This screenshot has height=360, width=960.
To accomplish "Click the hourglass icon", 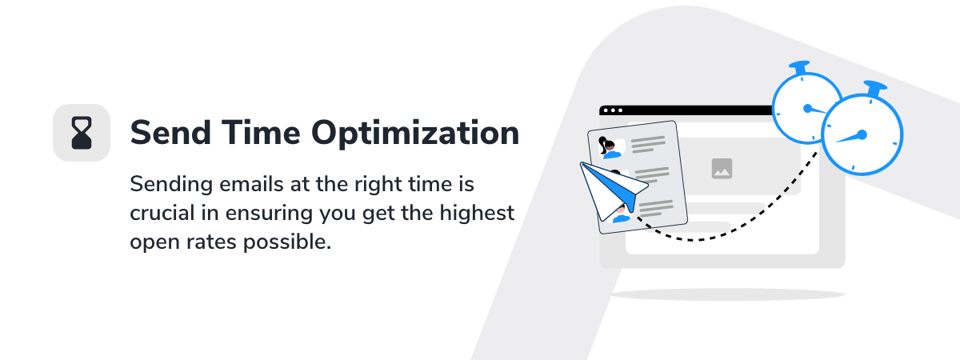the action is click(82, 133).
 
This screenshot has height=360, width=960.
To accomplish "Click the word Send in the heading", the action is click(170, 133).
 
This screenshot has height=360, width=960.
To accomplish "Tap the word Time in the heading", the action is click(261, 133).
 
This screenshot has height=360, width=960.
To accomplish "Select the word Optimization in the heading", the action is click(415, 134).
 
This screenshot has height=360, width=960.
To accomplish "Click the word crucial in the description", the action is click(162, 213).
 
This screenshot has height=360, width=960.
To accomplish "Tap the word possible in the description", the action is click(287, 242).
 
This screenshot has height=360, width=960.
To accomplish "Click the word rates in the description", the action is click(210, 242).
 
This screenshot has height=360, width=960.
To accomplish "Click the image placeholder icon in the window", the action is click(722, 169).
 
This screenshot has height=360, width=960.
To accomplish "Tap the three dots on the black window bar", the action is click(613, 110).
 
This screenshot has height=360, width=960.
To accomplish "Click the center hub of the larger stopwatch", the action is click(862, 135).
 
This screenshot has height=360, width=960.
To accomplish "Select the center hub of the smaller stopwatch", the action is click(807, 109).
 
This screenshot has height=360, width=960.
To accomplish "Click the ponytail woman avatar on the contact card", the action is click(610, 148).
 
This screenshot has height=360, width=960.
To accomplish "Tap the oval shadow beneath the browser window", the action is click(728, 294).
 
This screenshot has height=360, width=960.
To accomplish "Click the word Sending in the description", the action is click(171, 185).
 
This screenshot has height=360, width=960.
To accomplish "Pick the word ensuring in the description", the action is click(269, 214).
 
